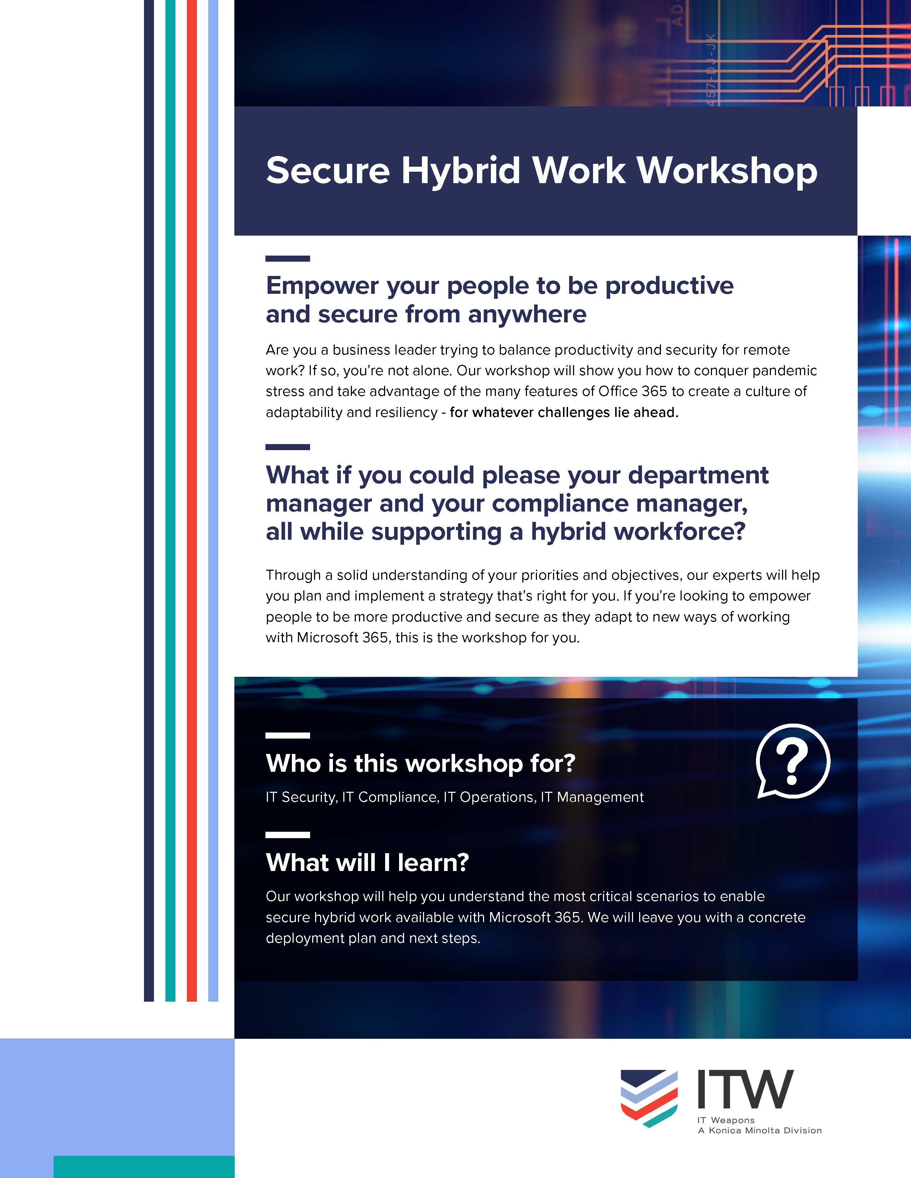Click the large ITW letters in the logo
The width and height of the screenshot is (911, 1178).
coord(745,1089)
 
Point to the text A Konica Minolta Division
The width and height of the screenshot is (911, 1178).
coord(760,1131)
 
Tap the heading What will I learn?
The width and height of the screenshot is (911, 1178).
coord(367,862)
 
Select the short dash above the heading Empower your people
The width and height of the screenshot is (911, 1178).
coord(288,259)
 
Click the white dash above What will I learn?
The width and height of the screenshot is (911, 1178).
coord(288,835)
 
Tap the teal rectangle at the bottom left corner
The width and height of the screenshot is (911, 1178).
coord(144,1167)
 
